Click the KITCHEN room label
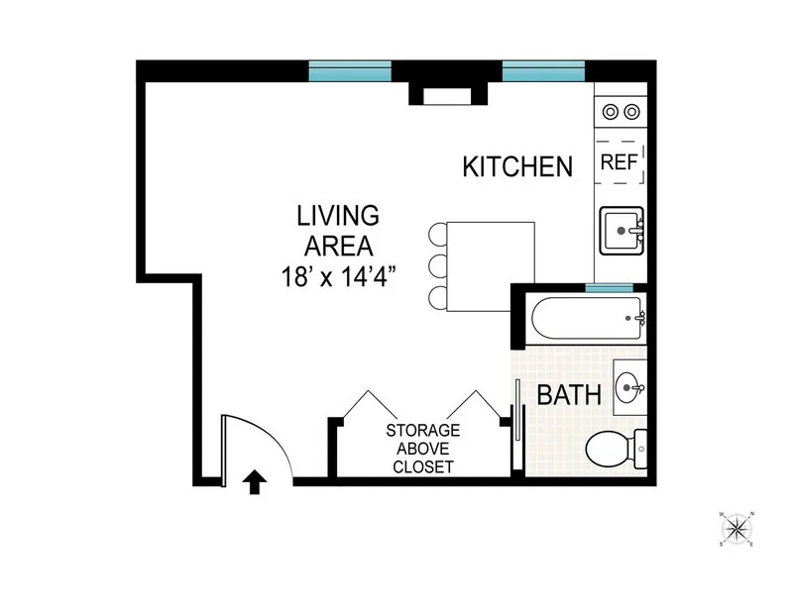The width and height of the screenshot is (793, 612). (517, 166)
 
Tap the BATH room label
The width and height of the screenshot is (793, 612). (568, 395)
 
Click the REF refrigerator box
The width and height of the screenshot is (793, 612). (621, 163)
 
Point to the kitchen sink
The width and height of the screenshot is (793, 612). (623, 231)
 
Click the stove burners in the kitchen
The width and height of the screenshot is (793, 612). (621, 111)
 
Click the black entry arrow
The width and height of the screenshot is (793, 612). (254, 481)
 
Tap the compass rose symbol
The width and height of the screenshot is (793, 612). (736, 530)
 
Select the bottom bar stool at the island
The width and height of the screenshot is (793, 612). (436, 296)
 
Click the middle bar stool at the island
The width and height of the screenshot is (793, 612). (436, 266)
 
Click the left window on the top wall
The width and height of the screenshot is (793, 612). (350, 70)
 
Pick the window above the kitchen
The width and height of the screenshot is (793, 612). (543, 70)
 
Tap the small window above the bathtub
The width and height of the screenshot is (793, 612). (609, 287)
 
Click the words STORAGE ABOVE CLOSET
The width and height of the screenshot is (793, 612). (422, 449)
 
